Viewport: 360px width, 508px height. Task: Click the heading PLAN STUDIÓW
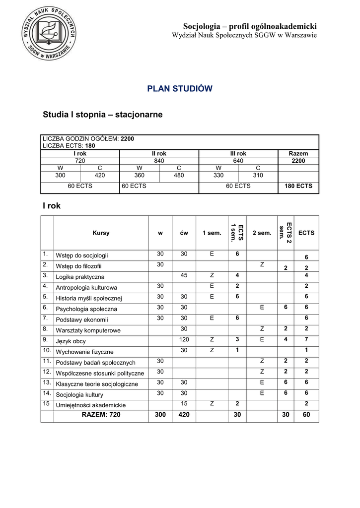(180, 89)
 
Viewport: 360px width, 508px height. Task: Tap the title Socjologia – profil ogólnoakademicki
(250, 26)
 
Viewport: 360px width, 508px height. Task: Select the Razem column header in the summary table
(298, 154)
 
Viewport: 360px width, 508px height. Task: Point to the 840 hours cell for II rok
(159, 161)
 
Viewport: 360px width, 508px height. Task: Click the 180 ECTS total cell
(298, 186)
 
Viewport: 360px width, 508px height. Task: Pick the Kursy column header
(101, 233)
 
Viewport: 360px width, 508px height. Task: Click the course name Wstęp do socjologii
(82, 255)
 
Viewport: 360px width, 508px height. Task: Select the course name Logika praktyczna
(80, 277)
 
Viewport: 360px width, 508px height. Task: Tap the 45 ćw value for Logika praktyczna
(184, 276)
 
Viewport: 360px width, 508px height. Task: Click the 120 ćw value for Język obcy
(184, 339)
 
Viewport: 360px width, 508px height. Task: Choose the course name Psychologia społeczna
(86, 309)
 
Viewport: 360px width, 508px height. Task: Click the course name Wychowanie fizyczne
(84, 351)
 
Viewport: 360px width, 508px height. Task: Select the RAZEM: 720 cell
(101, 415)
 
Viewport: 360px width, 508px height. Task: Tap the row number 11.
(47, 361)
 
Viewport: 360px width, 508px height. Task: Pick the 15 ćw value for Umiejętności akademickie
(184, 404)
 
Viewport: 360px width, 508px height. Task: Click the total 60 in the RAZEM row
(306, 415)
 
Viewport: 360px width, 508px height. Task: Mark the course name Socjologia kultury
(79, 394)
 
